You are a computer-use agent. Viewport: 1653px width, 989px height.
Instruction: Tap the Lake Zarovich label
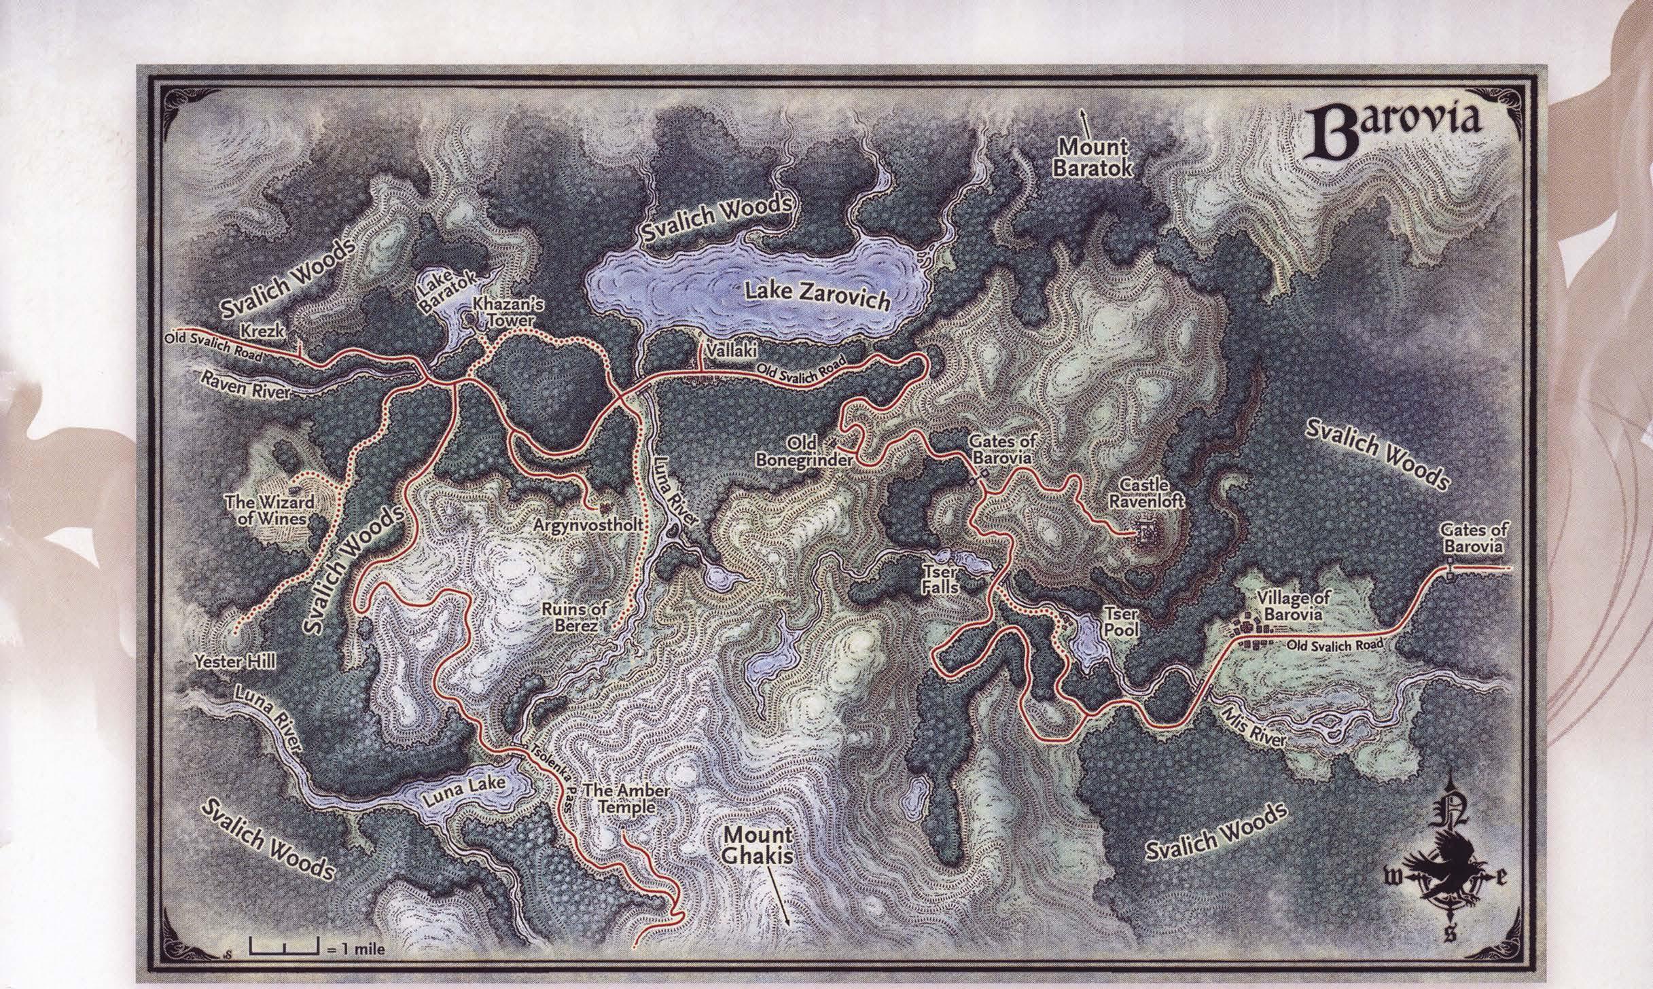tap(817, 298)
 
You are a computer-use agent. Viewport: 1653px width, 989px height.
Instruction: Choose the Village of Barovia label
tap(1293, 606)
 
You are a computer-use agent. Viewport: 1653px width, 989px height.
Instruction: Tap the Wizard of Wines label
tap(269, 509)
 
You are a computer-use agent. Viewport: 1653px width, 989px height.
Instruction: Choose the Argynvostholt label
tap(588, 525)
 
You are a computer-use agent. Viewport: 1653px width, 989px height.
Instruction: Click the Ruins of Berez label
tap(573, 617)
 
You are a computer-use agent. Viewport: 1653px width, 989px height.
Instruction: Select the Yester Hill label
tap(234, 661)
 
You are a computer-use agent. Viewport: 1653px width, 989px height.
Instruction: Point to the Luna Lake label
tap(465, 791)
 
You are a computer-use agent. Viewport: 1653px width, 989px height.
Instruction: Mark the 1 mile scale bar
tap(284, 944)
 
